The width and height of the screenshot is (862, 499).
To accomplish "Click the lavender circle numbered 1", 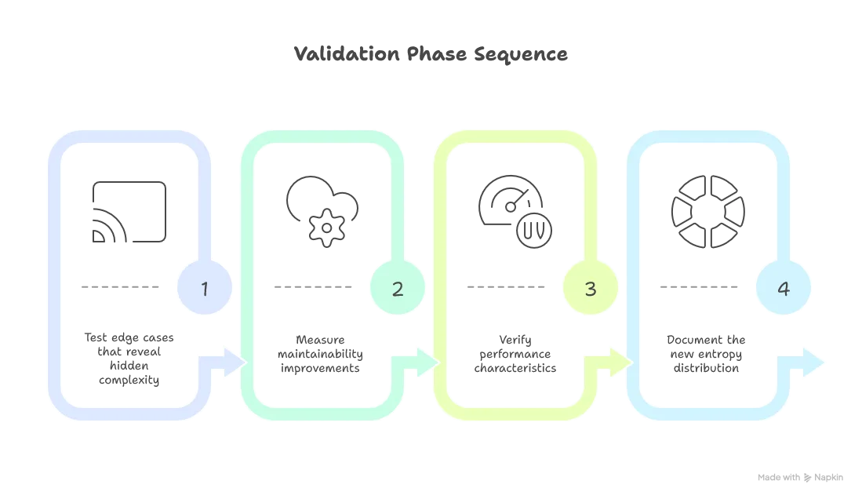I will click(x=205, y=289).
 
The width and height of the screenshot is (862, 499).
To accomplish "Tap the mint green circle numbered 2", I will click(x=398, y=289).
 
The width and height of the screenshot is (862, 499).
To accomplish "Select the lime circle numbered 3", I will click(x=591, y=289).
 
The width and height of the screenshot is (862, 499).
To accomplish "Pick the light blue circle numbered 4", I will click(x=783, y=289).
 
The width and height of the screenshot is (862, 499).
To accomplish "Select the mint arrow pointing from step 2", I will click(x=424, y=363).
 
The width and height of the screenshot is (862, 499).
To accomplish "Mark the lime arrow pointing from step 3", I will click(x=618, y=363).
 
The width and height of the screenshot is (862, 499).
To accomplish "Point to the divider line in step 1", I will click(x=122, y=286).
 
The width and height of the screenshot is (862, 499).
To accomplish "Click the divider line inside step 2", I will click(x=314, y=286).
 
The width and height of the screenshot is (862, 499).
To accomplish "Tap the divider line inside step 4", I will click(x=700, y=286).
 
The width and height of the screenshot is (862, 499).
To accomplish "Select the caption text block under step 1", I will click(x=129, y=360).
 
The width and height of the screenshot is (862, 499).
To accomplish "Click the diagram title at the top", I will click(x=431, y=56).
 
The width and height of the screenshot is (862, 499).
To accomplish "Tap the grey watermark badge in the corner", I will click(x=799, y=476).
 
